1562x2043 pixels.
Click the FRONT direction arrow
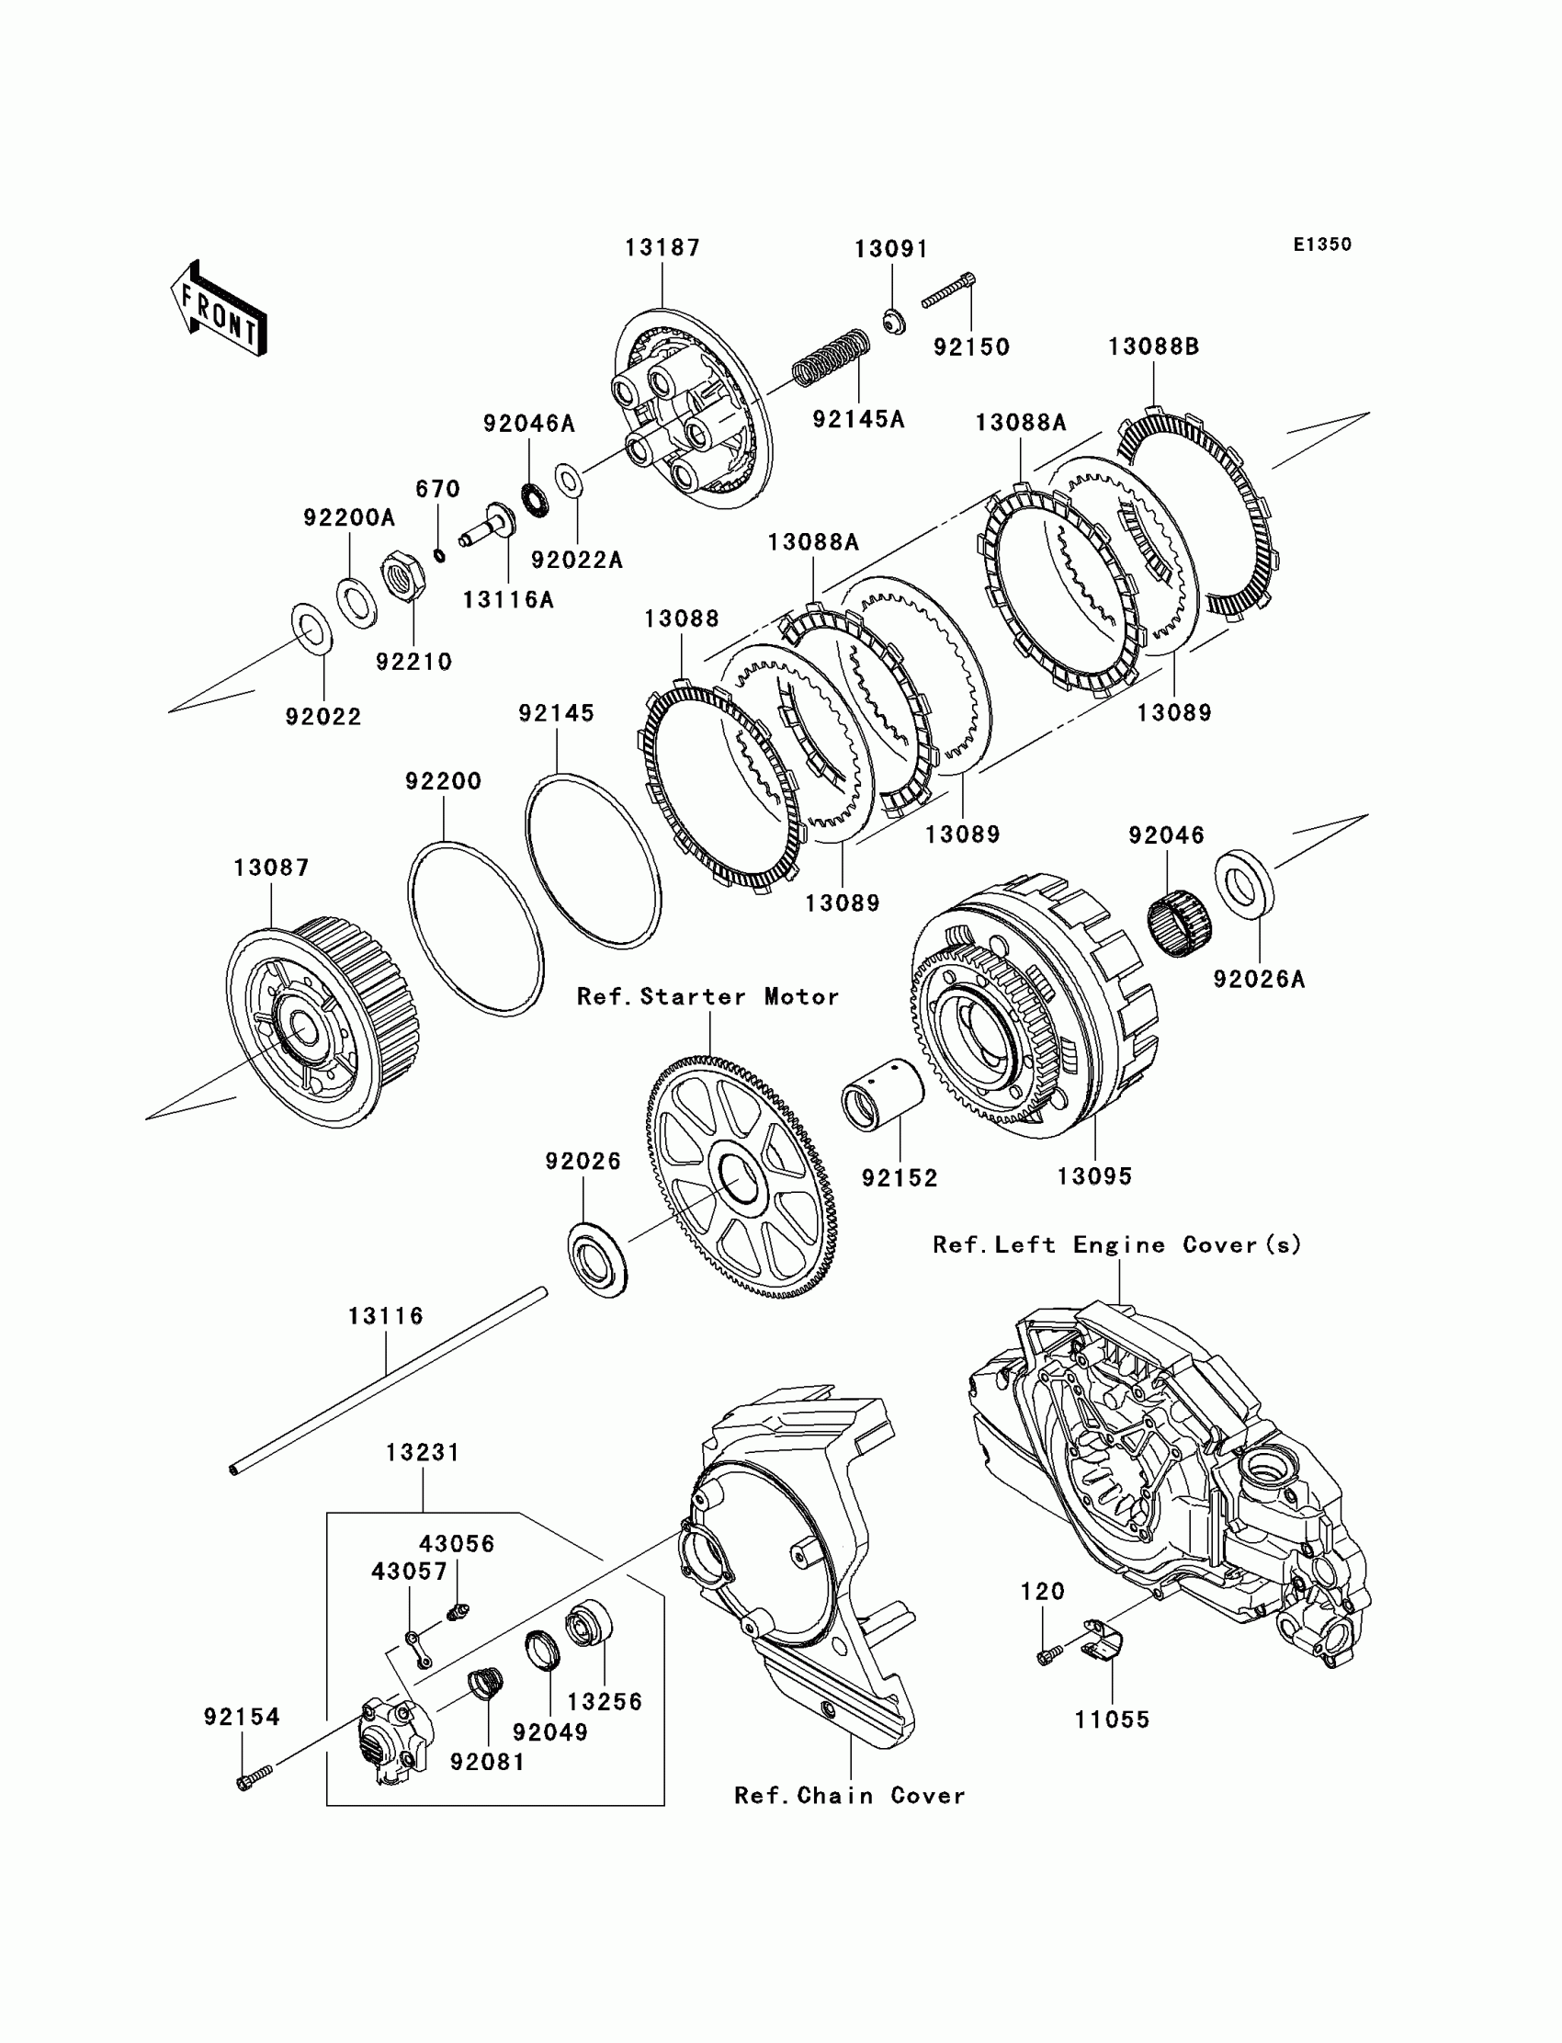pos(220,310)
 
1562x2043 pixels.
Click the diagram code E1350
pos(1321,244)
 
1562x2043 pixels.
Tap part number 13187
pos(662,248)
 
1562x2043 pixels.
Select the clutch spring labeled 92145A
pos(831,358)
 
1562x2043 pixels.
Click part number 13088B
pos(1153,346)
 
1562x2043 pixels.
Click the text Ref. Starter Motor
pos(707,997)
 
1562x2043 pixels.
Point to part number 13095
pos(1094,1176)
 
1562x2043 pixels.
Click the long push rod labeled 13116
pos(387,1381)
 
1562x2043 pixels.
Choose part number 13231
pos(423,1452)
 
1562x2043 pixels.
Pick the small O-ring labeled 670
pos(440,555)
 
